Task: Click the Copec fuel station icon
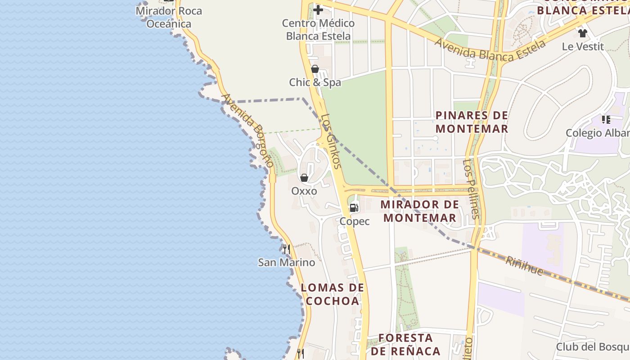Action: (x=354, y=208)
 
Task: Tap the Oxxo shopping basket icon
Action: (x=304, y=178)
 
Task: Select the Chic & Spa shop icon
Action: (x=315, y=69)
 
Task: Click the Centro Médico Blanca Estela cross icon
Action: (x=318, y=9)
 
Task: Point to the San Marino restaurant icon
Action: (x=286, y=248)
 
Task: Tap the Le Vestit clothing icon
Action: (x=583, y=33)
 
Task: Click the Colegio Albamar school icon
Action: (x=606, y=119)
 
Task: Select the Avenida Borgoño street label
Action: (x=247, y=130)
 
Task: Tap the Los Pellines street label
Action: (x=472, y=189)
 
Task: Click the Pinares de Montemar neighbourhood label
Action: (x=472, y=122)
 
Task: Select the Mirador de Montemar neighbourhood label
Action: (x=419, y=211)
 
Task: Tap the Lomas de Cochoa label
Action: (x=333, y=294)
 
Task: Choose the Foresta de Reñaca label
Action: (x=405, y=344)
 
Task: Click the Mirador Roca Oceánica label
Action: (x=169, y=17)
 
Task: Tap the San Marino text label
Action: (x=286, y=262)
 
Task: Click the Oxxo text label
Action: (x=304, y=191)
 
